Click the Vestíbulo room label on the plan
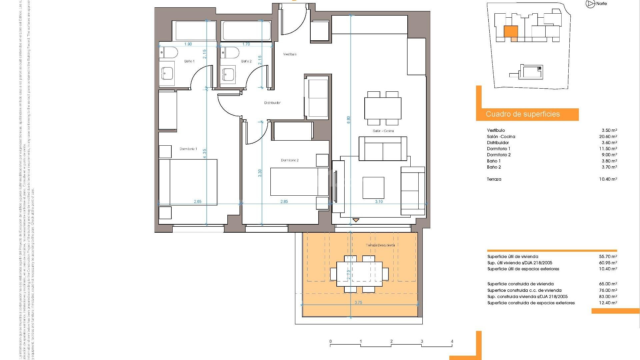coord(290,54)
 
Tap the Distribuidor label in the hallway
coord(272,103)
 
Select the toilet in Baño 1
coord(168,52)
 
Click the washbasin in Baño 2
coord(229,73)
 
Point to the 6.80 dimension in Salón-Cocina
coord(349,120)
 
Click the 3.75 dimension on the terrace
coord(358,303)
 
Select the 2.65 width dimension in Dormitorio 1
coord(198,202)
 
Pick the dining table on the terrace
coord(359,274)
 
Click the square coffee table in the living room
coord(373,187)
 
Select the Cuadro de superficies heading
coord(523,114)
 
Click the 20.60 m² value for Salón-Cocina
coord(608,137)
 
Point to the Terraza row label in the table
coord(494,179)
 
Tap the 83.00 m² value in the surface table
coord(608,297)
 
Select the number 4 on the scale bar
coord(452,341)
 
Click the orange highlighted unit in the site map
coord(510,31)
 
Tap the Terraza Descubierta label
coord(380,245)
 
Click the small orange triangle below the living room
coord(356,220)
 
